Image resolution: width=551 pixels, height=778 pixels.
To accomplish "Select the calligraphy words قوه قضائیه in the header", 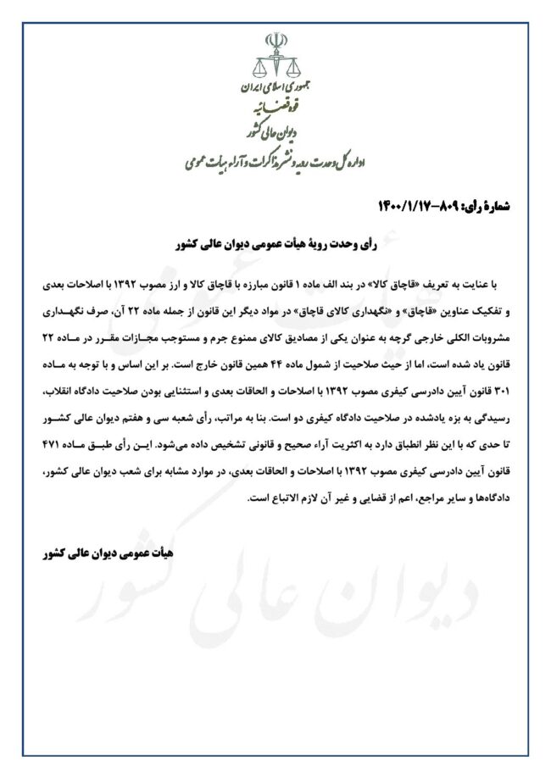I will tap(276, 108).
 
